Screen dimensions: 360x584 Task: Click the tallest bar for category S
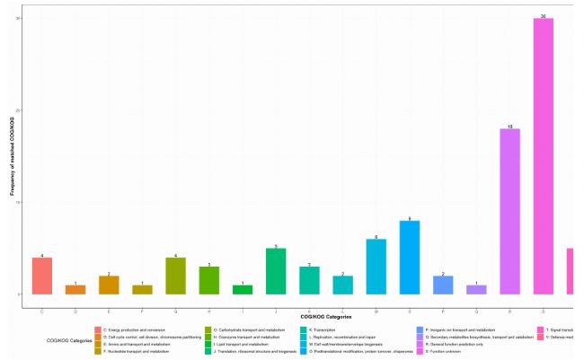tap(543, 156)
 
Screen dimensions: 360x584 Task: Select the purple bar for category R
tap(509, 212)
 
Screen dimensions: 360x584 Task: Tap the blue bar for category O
tap(409, 258)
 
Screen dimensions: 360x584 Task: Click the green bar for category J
tap(276, 271)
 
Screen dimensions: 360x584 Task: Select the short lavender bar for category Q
tap(476, 289)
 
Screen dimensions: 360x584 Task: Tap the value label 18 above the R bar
tap(509, 127)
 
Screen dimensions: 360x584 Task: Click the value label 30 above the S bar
tap(543, 16)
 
